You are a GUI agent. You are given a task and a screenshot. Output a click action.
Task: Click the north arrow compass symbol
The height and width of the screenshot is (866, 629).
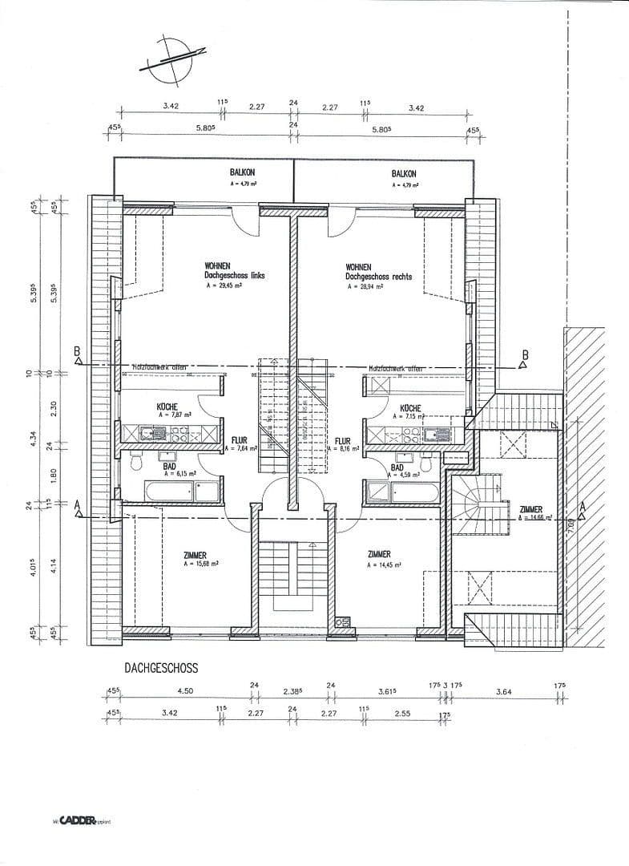coord(169,60)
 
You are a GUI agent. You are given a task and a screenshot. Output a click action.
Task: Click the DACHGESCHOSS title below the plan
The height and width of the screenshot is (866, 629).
coord(161,666)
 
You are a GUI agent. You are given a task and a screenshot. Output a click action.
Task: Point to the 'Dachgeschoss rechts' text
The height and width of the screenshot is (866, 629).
coord(379,276)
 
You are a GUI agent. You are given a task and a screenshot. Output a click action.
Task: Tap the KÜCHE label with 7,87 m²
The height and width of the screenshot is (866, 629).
coord(167,407)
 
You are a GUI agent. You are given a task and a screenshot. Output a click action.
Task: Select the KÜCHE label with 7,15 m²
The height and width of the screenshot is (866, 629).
coord(411,408)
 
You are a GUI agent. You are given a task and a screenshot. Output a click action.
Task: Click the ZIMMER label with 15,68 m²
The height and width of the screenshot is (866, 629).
coord(194,555)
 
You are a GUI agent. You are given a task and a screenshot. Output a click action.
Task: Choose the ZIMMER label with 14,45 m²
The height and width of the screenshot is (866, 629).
coord(379,554)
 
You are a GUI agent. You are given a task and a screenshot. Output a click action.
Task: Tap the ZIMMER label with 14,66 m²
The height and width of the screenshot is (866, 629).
coord(530,509)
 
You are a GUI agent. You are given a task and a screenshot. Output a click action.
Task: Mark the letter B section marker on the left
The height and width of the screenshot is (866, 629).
coord(78,350)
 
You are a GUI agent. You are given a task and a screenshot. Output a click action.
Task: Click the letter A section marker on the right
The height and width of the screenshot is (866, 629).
coord(583,507)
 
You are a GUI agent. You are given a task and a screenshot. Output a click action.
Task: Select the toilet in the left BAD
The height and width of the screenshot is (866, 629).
coord(135,462)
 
